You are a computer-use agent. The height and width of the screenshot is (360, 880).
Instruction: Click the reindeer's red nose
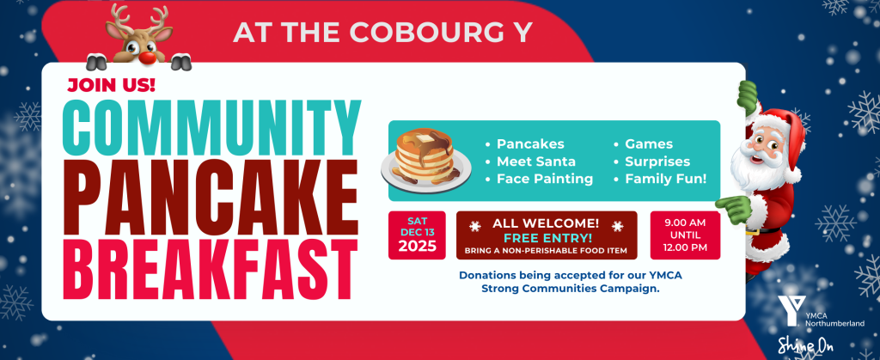(147, 58)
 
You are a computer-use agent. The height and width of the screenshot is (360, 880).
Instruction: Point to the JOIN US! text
(111, 85)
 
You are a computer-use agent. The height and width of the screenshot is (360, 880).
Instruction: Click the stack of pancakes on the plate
(425, 156)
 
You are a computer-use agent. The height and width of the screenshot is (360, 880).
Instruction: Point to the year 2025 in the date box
(417, 247)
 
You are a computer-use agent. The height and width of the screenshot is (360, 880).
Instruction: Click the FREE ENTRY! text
(547, 237)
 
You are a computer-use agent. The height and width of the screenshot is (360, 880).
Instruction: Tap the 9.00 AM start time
(685, 223)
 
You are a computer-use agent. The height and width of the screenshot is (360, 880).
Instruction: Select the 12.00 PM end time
(685, 247)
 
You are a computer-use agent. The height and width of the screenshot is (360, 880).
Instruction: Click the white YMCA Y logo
(791, 310)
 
